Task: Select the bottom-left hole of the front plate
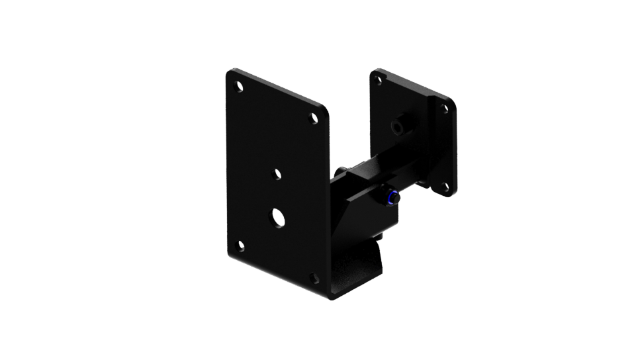pos(240,245)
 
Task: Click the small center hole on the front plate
pos(277,174)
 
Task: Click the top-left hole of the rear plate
pos(379,80)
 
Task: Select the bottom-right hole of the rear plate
pos(445,187)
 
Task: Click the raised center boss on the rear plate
pos(398,126)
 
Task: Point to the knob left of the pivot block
pos(339,173)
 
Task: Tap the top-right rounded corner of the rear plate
pos(451,105)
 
